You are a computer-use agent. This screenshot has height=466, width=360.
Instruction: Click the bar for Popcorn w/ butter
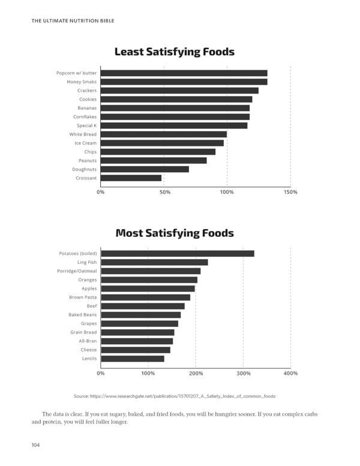[184, 73]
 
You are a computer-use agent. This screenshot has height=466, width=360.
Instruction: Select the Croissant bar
[131, 178]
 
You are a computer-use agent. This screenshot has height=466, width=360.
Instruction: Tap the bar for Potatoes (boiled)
[177, 254]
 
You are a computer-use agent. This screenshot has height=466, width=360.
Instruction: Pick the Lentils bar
[132, 359]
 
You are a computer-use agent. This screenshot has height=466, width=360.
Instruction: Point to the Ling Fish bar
[154, 262]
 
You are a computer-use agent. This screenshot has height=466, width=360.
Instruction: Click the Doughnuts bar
[145, 169]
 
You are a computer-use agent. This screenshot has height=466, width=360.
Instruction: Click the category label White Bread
[83, 134]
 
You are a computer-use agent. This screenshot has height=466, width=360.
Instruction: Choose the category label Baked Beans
[82, 315]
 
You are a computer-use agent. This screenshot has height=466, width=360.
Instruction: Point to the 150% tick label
[290, 192]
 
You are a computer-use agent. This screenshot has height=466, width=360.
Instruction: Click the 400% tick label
[290, 373]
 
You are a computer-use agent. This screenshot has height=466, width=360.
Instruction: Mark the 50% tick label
[164, 192]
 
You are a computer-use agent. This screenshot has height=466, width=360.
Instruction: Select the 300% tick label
[243, 373]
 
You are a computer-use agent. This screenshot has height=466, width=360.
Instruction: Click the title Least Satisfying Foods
[175, 52]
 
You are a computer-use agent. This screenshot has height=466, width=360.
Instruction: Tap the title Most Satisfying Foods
[175, 233]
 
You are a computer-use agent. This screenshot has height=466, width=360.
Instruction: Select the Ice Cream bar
[162, 143]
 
